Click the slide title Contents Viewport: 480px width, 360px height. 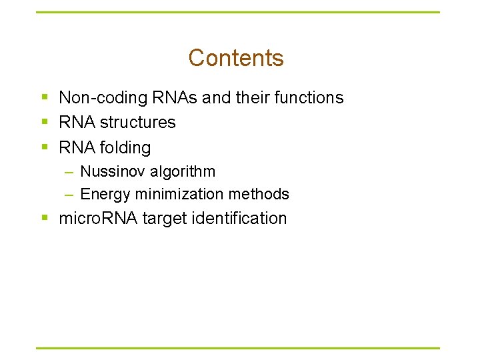236,58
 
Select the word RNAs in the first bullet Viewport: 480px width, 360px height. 165,97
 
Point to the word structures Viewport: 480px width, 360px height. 138,123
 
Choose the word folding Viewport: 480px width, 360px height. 125,147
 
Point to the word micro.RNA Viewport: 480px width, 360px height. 97,219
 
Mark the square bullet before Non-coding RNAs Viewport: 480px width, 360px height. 45,98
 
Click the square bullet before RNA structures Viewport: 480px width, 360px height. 45,123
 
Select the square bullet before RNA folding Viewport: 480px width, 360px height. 45,147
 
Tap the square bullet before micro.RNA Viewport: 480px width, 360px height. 45,219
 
